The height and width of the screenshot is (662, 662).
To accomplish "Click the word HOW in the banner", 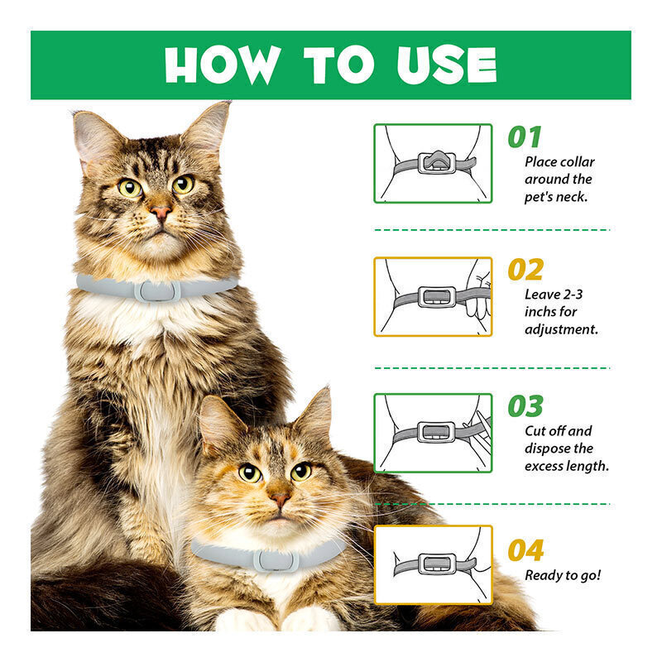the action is (x=223, y=65).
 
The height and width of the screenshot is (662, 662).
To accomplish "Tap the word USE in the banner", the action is (x=447, y=65).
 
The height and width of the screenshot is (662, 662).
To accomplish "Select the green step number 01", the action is (x=525, y=137).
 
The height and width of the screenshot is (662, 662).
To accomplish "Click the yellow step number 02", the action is (x=525, y=270).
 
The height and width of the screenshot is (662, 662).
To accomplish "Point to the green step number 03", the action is (x=525, y=405).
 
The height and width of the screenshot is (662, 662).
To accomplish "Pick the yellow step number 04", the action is (x=526, y=550).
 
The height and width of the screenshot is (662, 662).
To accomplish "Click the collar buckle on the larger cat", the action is (x=157, y=291).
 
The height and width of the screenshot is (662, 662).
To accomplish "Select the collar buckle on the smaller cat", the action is (x=276, y=561).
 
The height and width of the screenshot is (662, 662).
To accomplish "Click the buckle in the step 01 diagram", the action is (x=437, y=162).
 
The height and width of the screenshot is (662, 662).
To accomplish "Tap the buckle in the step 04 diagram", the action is (x=437, y=564).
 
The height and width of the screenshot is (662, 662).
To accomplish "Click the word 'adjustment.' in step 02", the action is (x=561, y=329).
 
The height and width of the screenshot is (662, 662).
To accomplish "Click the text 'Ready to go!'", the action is (x=563, y=575).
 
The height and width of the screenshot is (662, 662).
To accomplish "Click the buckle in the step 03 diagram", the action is (x=437, y=432).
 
